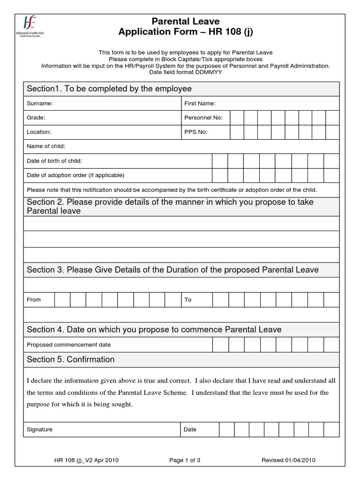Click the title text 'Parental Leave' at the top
pos(185,21)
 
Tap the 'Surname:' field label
pos(40,103)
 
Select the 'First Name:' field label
pos(200,103)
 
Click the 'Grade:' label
pos(36,118)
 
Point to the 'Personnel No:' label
pos(203,118)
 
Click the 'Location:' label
pos(39,132)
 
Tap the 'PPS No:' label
pos(196,132)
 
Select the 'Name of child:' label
pos(46,146)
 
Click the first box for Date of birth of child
pos(220,161)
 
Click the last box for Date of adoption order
pos(331,175)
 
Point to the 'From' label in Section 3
pos(34,300)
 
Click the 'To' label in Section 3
pos(188,300)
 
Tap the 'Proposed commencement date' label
pos(69,345)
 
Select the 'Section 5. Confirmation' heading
pos(71,360)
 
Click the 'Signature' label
pos(40,429)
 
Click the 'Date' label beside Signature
pos(190,429)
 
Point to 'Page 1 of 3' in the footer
pos(185,460)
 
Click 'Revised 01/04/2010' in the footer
pos(288,460)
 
